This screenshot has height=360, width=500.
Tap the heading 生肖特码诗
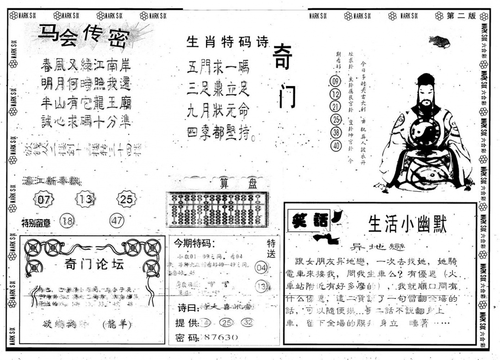click(x=227, y=43)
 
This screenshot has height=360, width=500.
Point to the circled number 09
click(x=335, y=81)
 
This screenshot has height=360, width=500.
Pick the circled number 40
click(x=335, y=146)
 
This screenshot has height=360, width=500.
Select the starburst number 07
click(x=44, y=200)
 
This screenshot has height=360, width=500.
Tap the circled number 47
click(x=117, y=221)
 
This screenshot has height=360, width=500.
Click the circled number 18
click(x=67, y=222)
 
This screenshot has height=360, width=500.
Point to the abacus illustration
click(x=217, y=209)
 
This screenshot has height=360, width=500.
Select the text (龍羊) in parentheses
click(x=116, y=324)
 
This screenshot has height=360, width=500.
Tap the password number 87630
click(x=220, y=337)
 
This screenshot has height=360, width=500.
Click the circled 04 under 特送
click(x=261, y=267)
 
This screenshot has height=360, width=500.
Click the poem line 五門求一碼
click(x=218, y=68)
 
